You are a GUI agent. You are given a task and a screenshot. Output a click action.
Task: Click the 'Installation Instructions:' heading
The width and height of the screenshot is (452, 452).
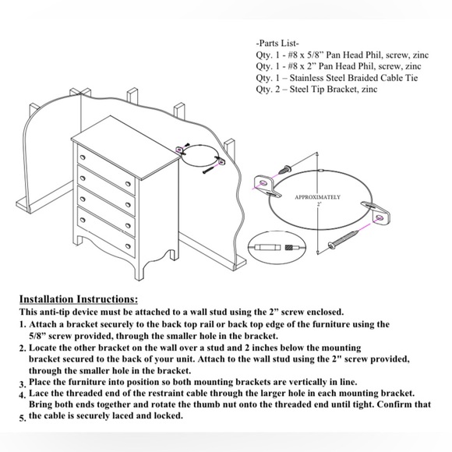[x=78, y=298]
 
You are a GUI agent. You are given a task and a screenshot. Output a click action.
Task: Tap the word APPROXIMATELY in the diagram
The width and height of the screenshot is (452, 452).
[x=317, y=198]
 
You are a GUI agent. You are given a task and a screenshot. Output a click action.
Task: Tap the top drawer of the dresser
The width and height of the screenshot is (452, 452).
[x=106, y=166]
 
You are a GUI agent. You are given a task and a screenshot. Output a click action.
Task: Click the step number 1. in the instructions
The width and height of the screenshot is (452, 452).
[x=23, y=323]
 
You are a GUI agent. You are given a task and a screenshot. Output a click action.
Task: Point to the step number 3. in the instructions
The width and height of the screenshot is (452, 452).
[x=22, y=384]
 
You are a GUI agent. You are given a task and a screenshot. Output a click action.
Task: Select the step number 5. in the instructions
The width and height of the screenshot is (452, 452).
[x=22, y=418]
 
